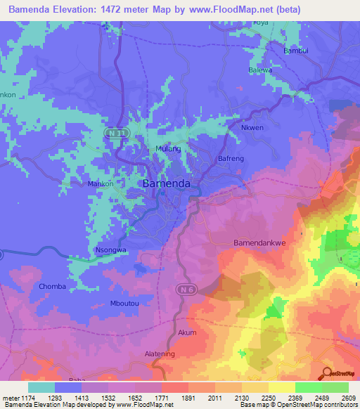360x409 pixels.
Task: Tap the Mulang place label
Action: (168, 149)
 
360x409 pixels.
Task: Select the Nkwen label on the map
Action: (252, 128)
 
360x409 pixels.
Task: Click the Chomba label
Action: (53, 287)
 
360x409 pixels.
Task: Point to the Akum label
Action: (188, 332)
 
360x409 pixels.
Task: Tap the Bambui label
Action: (296, 51)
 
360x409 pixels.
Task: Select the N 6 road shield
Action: (183, 289)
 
